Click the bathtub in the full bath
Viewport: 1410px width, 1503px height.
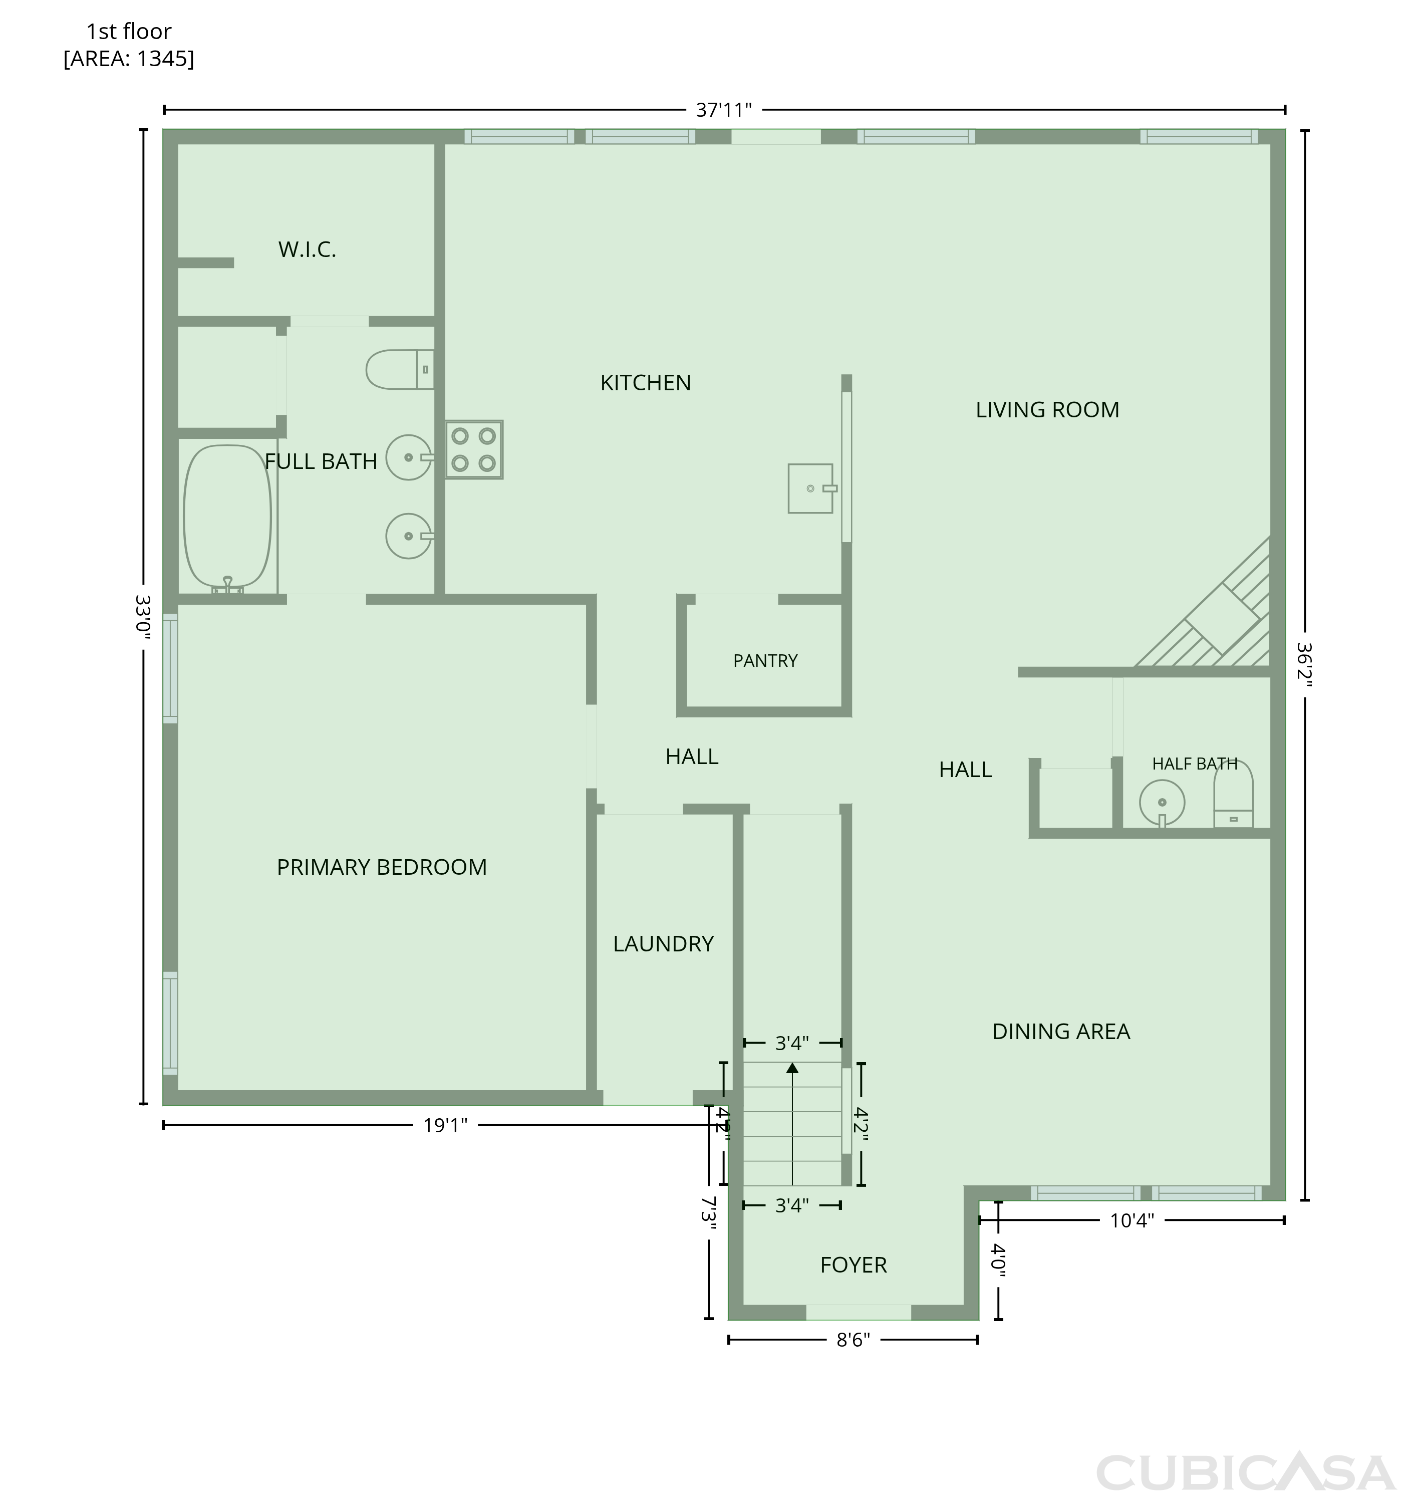tap(227, 519)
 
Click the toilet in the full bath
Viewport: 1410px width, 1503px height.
tap(400, 370)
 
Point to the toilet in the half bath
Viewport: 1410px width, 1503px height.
tap(1233, 794)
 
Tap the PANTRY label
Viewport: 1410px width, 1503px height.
tap(765, 661)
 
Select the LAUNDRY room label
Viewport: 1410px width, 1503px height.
tap(663, 943)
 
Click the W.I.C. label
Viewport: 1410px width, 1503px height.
tap(307, 249)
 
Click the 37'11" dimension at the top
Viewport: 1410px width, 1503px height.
tap(723, 110)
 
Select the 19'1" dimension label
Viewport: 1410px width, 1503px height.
tap(445, 1126)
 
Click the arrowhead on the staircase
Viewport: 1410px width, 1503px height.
tap(792, 1068)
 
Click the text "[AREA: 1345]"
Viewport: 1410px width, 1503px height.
tap(129, 58)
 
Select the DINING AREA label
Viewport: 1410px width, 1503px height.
tap(1061, 1031)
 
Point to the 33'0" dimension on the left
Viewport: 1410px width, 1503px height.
tap(143, 617)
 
